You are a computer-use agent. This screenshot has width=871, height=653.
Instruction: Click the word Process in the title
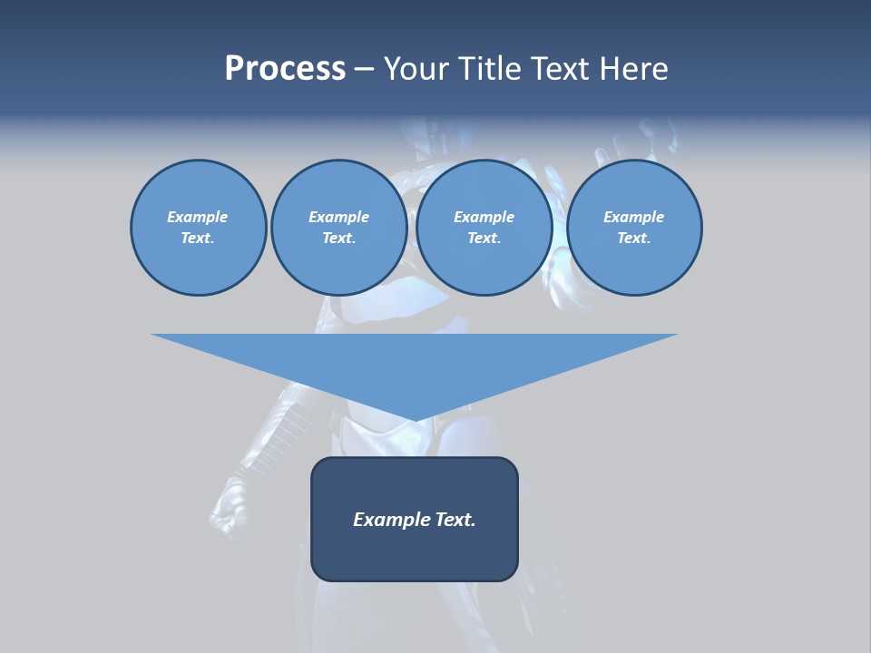[x=285, y=68]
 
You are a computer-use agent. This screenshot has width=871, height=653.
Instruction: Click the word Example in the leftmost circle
[x=198, y=217]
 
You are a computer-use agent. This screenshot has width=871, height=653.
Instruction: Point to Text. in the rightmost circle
[x=633, y=239]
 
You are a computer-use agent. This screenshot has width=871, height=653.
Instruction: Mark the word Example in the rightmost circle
[x=633, y=217]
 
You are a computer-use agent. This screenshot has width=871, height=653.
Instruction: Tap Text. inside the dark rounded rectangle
[x=455, y=520]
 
